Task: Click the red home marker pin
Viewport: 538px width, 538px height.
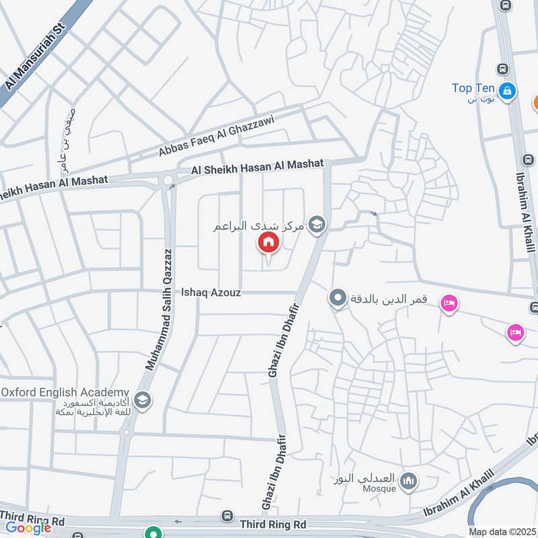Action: point(268,243)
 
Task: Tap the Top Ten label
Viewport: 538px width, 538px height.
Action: point(473,88)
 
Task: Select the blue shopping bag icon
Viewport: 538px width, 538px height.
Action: point(508,89)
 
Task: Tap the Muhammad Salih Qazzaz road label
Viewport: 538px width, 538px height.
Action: point(159,309)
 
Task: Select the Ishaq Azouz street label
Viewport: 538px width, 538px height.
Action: point(211,293)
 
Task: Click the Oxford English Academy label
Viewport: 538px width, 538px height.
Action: point(65,392)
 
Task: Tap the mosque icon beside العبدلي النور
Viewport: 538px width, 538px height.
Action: point(408,482)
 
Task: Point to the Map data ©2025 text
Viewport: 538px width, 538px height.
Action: point(502,532)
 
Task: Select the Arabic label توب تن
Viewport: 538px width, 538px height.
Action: point(482,100)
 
